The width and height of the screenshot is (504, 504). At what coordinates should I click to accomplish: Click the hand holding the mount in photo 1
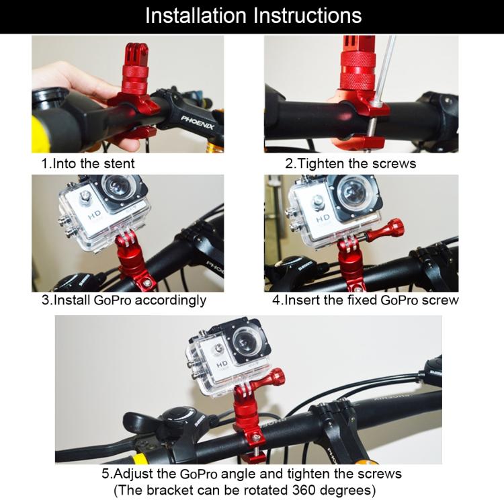click(74, 81)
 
